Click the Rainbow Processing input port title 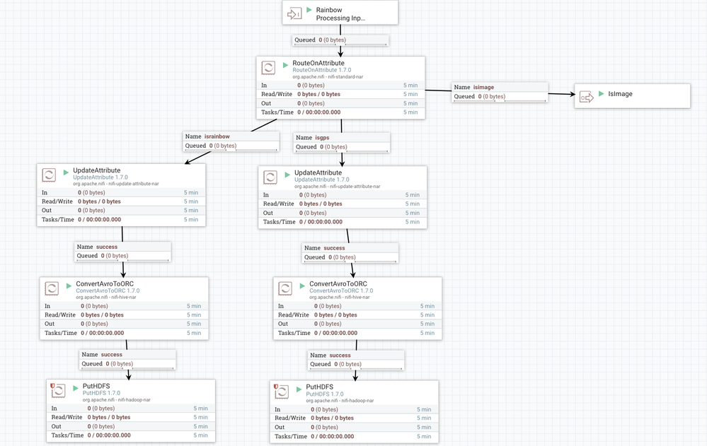coord(340,14)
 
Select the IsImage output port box coord(632,95)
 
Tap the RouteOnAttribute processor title coord(318,63)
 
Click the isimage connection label coord(484,87)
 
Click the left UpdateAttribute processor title coord(96,170)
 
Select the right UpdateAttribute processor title coord(318,172)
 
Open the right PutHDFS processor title coord(319,387)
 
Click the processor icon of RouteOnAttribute coord(269,68)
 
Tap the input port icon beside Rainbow coord(294,13)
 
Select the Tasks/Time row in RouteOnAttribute coord(340,112)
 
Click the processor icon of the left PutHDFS coord(59,391)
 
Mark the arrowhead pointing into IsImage coord(570,93)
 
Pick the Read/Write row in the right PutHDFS coord(354,418)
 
